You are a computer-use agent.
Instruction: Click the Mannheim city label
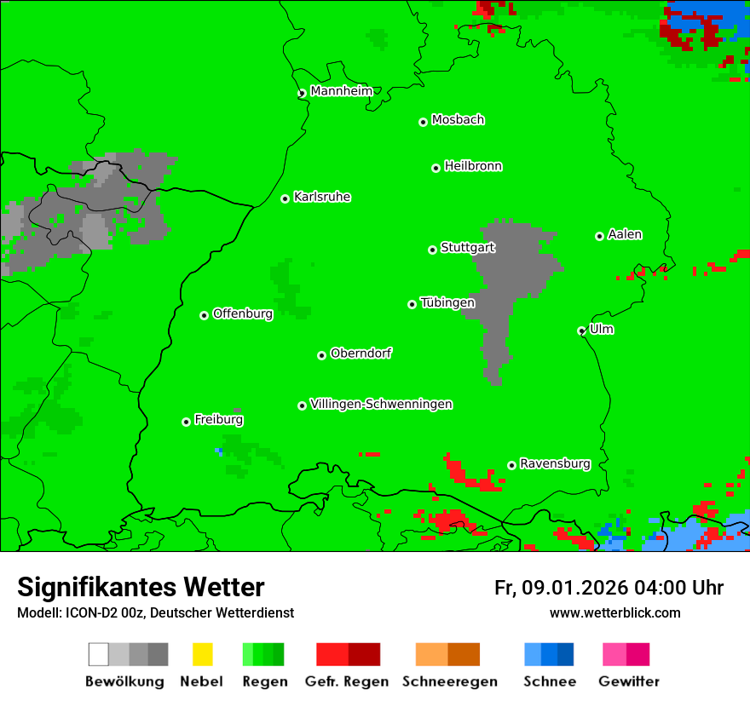point(342,91)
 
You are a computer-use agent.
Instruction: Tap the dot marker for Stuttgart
point(432,250)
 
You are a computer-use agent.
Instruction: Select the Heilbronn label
point(473,166)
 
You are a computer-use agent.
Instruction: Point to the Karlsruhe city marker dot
point(286,198)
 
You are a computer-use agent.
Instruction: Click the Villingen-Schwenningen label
point(381,404)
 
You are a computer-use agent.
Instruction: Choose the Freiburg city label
point(218,420)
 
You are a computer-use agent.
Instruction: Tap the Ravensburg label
point(555,463)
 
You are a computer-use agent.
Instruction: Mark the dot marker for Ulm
point(582,331)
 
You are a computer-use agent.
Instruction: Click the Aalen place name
point(625,234)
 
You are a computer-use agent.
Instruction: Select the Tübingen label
point(447,302)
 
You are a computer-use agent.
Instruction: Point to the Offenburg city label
point(243,313)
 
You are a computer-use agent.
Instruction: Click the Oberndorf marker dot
point(321,355)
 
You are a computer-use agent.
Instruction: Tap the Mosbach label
point(458,120)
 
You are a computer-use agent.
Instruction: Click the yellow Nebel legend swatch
point(202,654)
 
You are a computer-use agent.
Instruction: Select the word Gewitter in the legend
point(629,681)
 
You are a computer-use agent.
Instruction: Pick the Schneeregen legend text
point(450,681)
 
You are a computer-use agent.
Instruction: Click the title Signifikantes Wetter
point(141,587)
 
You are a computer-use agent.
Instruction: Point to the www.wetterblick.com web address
point(614,612)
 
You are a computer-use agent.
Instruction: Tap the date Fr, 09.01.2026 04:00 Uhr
point(609,588)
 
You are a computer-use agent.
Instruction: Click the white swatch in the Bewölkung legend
point(98,654)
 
